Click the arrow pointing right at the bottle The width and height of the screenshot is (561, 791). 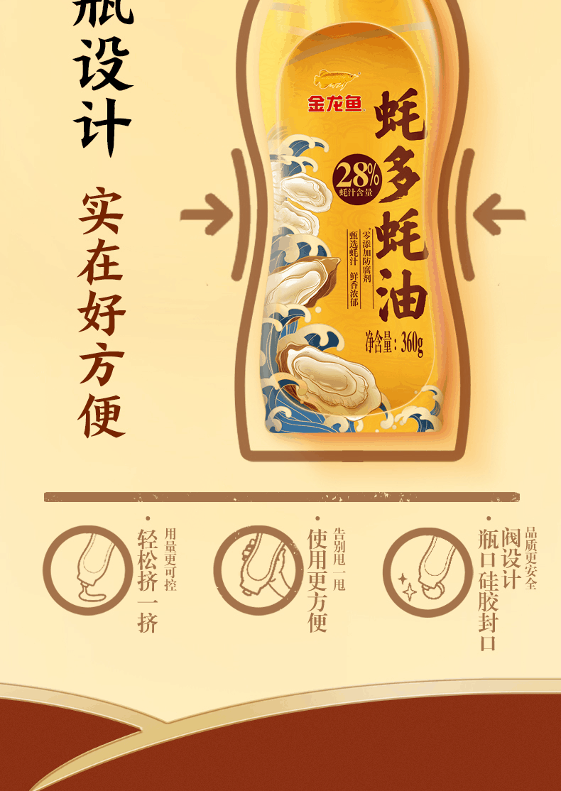click(207, 214)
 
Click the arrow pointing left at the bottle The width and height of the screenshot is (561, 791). click(499, 214)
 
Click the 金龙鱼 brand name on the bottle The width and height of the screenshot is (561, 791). click(334, 105)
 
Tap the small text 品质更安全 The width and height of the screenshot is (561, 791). click(531, 558)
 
